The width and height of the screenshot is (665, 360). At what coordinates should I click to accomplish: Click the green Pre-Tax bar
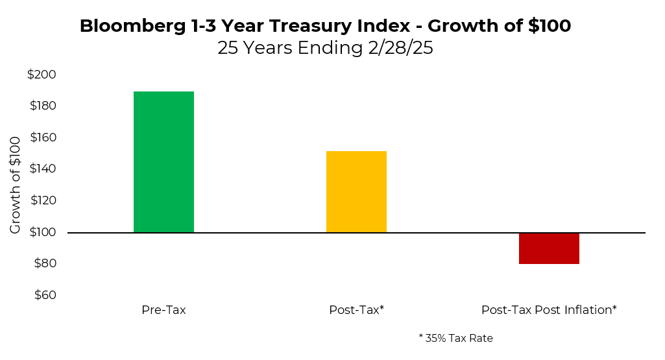(163, 162)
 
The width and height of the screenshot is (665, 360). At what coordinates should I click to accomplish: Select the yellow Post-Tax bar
(356, 191)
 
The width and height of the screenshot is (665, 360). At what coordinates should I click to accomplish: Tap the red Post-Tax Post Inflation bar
(549, 248)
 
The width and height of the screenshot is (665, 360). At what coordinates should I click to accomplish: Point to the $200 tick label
(42, 75)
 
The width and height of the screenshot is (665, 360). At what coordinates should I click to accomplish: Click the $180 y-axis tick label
(42, 106)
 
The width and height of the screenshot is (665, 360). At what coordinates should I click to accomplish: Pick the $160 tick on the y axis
(42, 138)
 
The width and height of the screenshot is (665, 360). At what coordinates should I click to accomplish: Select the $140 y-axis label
(42, 169)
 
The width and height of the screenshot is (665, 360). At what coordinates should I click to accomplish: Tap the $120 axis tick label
(42, 200)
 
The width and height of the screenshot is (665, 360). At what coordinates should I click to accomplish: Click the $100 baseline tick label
(42, 232)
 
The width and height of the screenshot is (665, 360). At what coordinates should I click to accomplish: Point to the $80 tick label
(44, 263)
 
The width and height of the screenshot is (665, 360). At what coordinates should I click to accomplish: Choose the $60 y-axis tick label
(44, 294)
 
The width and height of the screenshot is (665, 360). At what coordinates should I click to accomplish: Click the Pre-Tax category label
(163, 310)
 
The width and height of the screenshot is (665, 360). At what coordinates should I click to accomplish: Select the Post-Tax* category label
(356, 310)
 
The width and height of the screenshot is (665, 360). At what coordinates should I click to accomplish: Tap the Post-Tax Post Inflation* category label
(549, 310)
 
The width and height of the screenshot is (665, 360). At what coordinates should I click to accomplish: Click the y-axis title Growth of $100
(16, 185)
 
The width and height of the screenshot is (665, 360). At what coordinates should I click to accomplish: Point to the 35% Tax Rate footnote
(455, 338)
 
